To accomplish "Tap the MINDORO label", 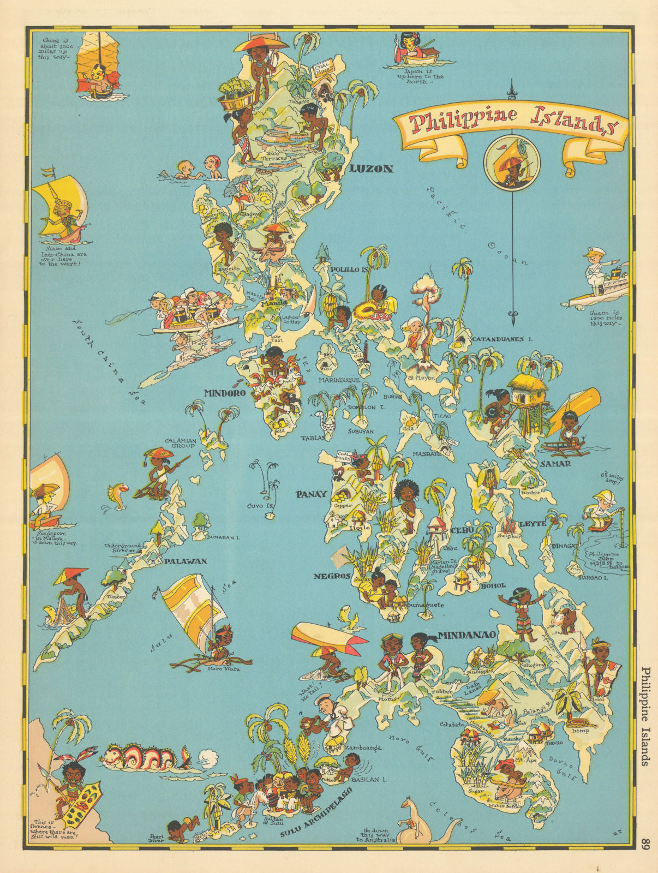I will (x=223, y=392).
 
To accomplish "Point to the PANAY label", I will (x=311, y=494).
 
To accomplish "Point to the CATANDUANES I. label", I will (x=502, y=339).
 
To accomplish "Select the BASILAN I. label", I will (x=368, y=780).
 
